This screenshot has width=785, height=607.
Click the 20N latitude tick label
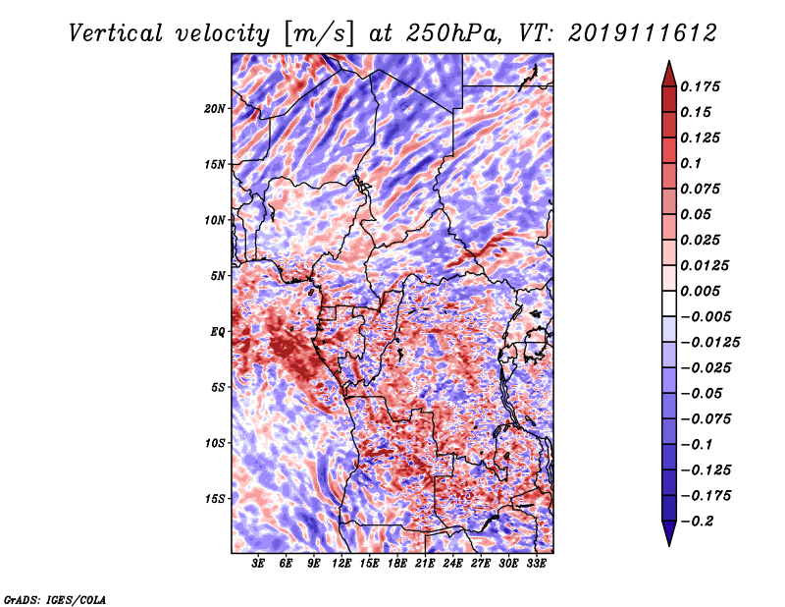click(214, 109)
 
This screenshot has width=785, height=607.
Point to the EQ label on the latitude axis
click(217, 332)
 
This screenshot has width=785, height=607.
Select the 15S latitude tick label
click(214, 499)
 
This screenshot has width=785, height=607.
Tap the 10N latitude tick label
click(214, 220)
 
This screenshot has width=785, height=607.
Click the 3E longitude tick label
click(258, 564)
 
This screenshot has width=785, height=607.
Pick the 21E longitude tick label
click(425, 564)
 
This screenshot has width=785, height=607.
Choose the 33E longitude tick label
click(536, 564)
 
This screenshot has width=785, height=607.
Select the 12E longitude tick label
click(341, 564)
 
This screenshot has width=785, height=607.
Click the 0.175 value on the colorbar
click(700, 86)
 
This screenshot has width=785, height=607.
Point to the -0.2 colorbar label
click(697, 522)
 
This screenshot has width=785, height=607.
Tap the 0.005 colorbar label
click(700, 291)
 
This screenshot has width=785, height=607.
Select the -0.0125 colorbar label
click(709, 343)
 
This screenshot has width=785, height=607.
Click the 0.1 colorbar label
click(691, 163)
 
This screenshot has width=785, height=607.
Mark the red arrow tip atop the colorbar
click(669, 61)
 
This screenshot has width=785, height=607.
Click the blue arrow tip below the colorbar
click(669, 545)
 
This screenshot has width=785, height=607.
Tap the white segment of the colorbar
click(669, 303)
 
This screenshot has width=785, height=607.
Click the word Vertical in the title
click(116, 33)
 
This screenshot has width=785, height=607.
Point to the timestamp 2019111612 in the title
click(643, 33)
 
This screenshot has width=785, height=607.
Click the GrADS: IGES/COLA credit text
click(55, 599)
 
